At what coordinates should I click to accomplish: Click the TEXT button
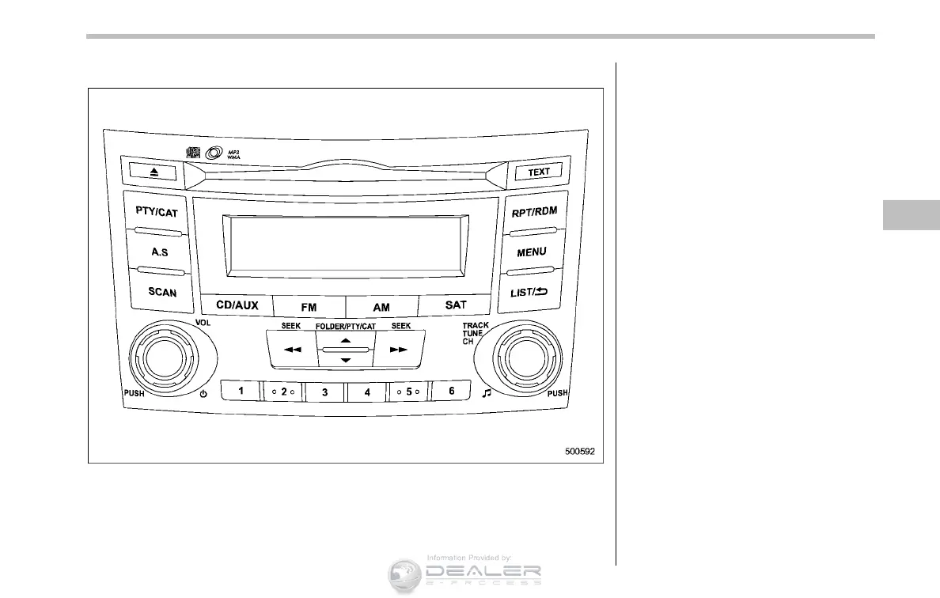click(x=539, y=172)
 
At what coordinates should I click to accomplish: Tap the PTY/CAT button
click(x=156, y=212)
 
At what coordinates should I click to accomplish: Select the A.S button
click(x=160, y=252)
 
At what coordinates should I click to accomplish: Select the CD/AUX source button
click(x=236, y=305)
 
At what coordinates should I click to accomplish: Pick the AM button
click(x=381, y=305)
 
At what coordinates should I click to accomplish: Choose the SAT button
click(x=456, y=305)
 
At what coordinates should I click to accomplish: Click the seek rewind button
click(x=292, y=349)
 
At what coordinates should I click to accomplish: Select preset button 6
click(x=452, y=391)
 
